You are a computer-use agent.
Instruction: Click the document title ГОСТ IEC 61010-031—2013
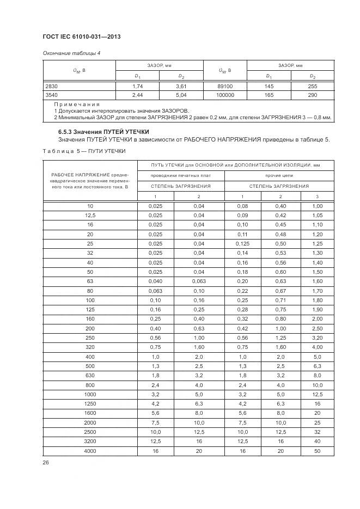pos(81,36)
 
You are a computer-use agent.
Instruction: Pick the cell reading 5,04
pos(181,95)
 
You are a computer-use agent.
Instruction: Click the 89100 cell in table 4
pos(225,86)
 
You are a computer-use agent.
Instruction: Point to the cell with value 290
pos(312,95)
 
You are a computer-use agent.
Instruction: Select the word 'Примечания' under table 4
pos(77,103)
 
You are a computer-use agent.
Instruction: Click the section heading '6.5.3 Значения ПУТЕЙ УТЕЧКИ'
pos(103,132)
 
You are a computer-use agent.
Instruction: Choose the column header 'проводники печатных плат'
pos(180,175)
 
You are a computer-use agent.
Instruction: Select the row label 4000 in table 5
pos(90,451)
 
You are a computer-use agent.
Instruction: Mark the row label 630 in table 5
pos(90,376)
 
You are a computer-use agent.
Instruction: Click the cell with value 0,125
pos(242,243)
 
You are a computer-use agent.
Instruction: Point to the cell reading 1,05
pos(317,215)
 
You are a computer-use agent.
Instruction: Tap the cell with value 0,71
pos(280,300)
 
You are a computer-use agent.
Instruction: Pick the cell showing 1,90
pos(317,309)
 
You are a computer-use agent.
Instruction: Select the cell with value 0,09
pos(242,215)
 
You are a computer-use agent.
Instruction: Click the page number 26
pos(46,463)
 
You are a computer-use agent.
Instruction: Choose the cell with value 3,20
pos(317,338)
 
